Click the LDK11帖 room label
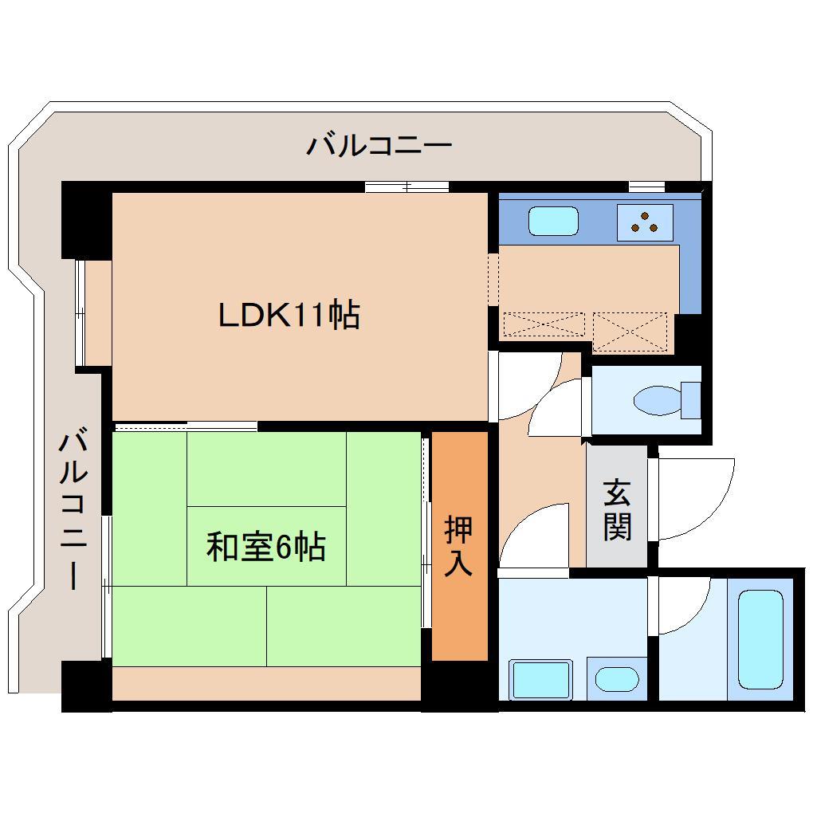289,316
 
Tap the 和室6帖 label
265,548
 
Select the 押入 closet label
459,546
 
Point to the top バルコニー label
379,146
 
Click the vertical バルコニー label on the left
73,510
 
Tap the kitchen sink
553,221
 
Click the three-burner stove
644,222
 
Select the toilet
662,399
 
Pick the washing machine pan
541,680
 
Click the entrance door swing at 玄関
693,498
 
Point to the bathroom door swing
682,606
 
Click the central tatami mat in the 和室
266,546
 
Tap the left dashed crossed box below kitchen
544,324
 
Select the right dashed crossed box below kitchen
630,331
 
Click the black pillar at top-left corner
86,219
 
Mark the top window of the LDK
406,187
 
